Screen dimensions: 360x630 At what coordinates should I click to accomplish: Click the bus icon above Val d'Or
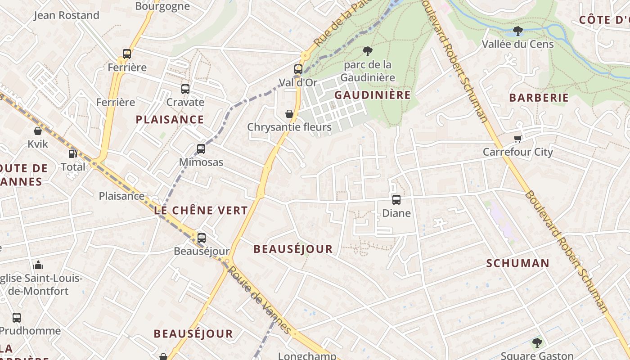pyautogui.click(x=298, y=69)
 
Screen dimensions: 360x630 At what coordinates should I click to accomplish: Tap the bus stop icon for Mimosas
pyautogui.click(x=201, y=149)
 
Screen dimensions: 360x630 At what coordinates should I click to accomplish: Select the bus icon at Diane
pyautogui.click(x=396, y=200)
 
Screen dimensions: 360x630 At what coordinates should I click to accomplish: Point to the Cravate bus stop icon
pyautogui.click(x=185, y=89)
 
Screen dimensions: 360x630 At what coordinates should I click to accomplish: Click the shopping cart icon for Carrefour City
pyautogui.click(x=518, y=139)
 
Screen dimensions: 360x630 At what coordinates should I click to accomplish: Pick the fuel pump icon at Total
pyautogui.click(x=73, y=154)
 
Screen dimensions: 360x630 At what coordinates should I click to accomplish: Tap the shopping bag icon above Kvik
pyautogui.click(x=38, y=131)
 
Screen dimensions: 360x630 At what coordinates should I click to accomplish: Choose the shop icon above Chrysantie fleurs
pyautogui.click(x=289, y=114)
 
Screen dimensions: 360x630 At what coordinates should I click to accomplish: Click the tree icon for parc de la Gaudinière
pyautogui.click(x=368, y=51)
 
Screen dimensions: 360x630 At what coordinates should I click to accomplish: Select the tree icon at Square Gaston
pyautogui.click(x=537, y=343)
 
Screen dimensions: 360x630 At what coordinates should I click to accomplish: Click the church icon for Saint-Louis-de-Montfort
pyautogui.click(x=38, y=265)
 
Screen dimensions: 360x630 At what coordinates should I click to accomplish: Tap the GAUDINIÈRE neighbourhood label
pyautogui.click(x=372, y=95)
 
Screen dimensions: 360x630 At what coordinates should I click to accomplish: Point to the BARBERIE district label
pyautogui.click(x=539, y=98)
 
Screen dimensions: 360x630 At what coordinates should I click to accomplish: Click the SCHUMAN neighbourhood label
pyautogui.click(x=517, y=263)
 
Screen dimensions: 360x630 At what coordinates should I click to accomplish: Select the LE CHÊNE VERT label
pyautogui.click(x=201, y=210)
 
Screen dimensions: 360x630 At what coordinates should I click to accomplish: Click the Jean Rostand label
pyautogui.click(x=67, y=15)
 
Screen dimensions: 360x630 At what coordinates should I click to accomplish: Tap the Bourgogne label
pyautogui.click(x=162, y=6)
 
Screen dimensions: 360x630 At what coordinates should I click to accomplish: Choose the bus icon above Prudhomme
pyautogui.click(x=17, y=318)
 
